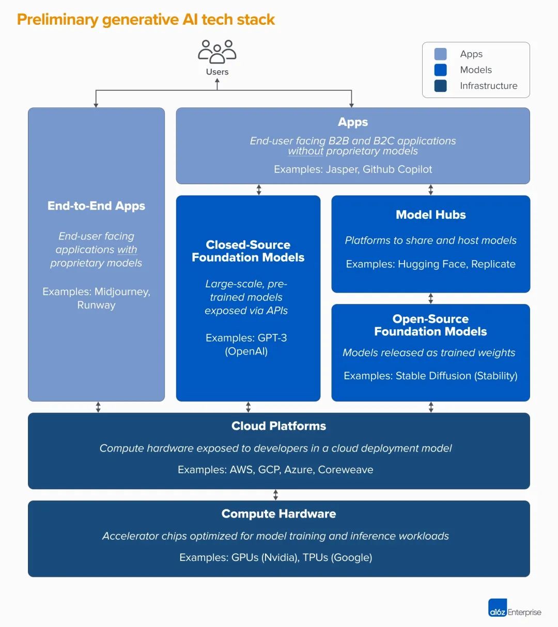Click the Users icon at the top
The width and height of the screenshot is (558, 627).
click(217, 52)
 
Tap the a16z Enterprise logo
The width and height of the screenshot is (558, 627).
click(515, 608)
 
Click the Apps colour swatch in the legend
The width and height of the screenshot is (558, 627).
click(441, 54)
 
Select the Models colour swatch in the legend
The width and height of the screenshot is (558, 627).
click(441, 70)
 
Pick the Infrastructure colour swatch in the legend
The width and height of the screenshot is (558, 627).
click(441, 86)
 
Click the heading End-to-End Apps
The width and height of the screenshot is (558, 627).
click(96, 206)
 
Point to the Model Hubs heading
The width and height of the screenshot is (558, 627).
click(430, 215)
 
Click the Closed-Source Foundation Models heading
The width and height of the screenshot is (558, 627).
click(248, 251)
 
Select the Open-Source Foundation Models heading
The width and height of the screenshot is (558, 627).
click(430, 325)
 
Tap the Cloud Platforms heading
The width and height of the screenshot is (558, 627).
click(278, 426)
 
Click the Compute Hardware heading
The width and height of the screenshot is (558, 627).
click(278, 513)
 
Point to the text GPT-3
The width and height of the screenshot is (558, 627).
click(272, 338)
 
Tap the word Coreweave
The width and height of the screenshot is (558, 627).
click(345, 470)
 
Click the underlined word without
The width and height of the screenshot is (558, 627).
click(305, 151)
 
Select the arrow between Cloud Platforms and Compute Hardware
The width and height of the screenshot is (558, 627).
click(275, 495)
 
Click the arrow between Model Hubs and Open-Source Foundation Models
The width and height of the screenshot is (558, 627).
click(430, 298)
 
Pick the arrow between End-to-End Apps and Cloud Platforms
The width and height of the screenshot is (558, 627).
click(98, 407)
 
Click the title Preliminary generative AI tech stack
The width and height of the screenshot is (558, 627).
click(146, 20)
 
